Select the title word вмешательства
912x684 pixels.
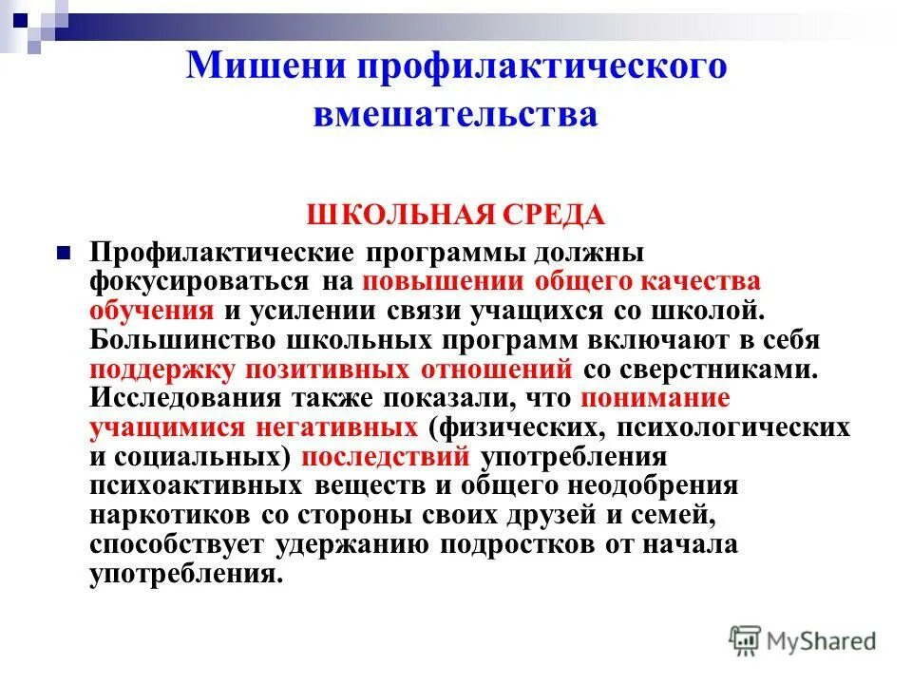tap(455, 114)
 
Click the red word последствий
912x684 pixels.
tap(386, 456)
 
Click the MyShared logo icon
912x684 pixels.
tap(745, 640)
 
